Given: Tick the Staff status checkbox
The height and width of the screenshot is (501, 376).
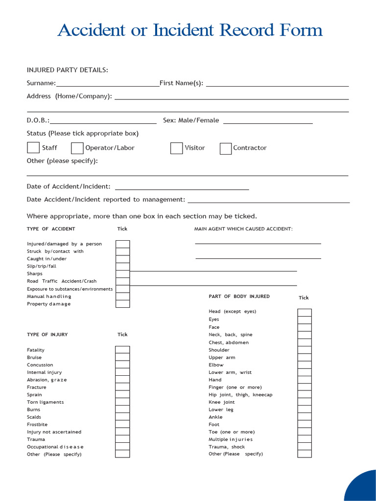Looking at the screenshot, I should coord(33,148).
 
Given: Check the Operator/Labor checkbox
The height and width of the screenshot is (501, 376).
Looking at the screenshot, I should coord(77,148).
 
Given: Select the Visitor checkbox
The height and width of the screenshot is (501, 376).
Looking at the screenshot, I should coord(176,148).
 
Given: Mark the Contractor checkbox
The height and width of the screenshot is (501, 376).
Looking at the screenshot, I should coord(226,149).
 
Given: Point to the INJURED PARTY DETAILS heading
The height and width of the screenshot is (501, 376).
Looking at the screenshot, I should coord(67,70).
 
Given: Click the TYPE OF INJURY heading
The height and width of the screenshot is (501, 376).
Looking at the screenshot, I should coord(47,335).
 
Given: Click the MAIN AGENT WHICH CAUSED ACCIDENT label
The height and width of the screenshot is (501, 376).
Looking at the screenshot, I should coord(243,229).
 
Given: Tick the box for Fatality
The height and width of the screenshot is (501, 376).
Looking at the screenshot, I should coord(122,350).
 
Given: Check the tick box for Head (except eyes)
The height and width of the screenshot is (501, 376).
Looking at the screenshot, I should coord(304,313).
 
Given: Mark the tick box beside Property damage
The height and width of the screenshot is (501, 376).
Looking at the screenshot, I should coord(122,304).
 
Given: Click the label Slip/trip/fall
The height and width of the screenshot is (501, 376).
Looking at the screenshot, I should coord(42,266).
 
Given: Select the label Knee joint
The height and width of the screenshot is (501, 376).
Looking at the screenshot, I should coord(222,402).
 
